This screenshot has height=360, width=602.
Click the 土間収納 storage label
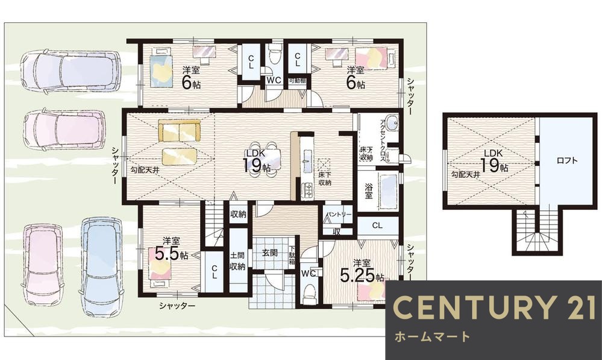(237, 260)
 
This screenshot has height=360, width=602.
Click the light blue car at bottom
(101, 265)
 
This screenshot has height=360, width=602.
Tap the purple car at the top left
(69, 71)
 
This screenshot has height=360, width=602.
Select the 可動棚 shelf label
(297, 80)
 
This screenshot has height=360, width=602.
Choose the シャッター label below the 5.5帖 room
(177, 306)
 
